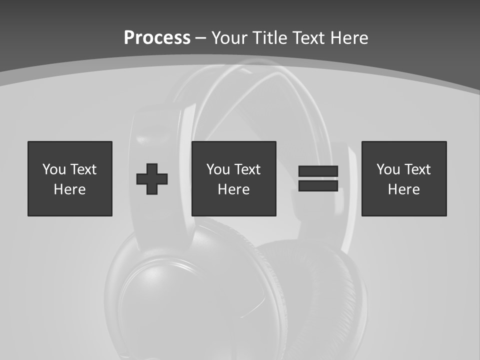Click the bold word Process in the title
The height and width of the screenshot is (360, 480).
[157, 38]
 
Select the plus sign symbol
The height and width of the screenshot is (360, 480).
[152, 178]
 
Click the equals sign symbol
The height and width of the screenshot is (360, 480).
[318, 178]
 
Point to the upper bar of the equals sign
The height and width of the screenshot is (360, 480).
[318, 171]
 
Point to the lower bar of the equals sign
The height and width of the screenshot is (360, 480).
[318, 185]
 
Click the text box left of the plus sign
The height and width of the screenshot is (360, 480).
[70, 178]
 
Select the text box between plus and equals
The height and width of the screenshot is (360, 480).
[233, 178]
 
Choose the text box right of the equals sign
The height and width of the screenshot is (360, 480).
[404, 178]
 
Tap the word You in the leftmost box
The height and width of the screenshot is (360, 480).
[54, 169]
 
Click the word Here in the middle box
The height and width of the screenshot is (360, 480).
[233, 189]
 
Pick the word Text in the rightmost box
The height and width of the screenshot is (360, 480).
[417, 169]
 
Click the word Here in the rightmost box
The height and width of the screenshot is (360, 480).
[404, 189]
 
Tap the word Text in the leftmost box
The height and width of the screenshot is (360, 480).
[83, 169]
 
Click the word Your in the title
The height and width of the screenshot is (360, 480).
[230, 38]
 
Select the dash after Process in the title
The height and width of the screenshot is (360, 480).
[200, 38]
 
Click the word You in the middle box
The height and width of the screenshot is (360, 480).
[218, 169]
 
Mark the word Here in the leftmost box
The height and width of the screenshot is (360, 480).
[70, 189]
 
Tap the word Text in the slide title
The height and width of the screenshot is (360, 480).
[307, 38]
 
